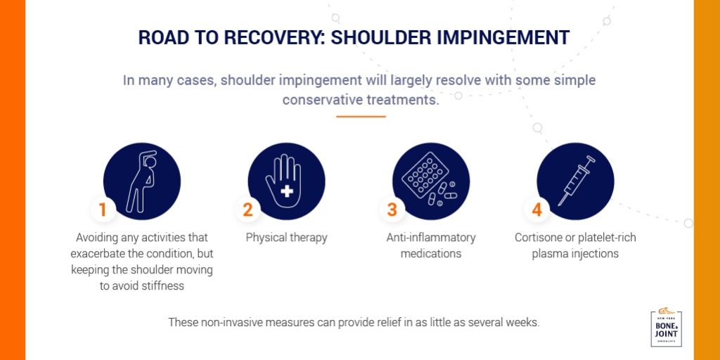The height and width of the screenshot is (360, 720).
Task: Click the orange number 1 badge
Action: click(103, 209)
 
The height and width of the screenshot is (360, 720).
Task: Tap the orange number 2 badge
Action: click(247, 209)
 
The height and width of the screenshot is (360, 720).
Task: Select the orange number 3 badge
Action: click(392, 209)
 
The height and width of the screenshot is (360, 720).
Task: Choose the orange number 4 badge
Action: click(536, 209)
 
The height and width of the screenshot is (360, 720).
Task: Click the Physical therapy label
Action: click(286, 238)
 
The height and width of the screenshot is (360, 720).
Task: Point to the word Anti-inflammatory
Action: click(431, 238)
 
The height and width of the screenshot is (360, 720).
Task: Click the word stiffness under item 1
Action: click(166, 286)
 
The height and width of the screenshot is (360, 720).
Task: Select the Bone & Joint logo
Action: click(666, 328)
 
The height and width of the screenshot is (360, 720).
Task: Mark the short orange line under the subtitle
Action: click(361, 116)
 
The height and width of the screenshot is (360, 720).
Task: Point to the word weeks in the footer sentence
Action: click(522, 323)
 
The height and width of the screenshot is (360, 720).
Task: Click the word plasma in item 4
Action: click(553, 254)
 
